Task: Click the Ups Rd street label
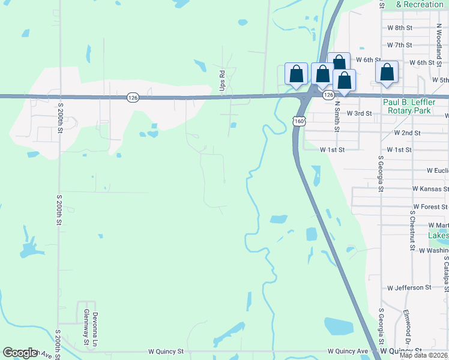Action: pyautogui.click(x=222, y=76)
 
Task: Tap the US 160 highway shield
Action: pyautogui.click(x=298, y=121)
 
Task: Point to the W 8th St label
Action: pyautogui.click(x=400, y=28)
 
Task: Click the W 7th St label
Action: pyautogui.click(x=400, y=45)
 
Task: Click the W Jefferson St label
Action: pyautogui.click(x=409, y=288)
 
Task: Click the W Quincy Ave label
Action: pyautogui.click(x=348, y=351)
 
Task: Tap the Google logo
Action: pyautogui.click(x=20, y=353)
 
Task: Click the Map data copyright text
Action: pyautogui.click(x=424, y=355)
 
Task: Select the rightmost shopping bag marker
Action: pyautogui.click(x=387, y=73)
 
